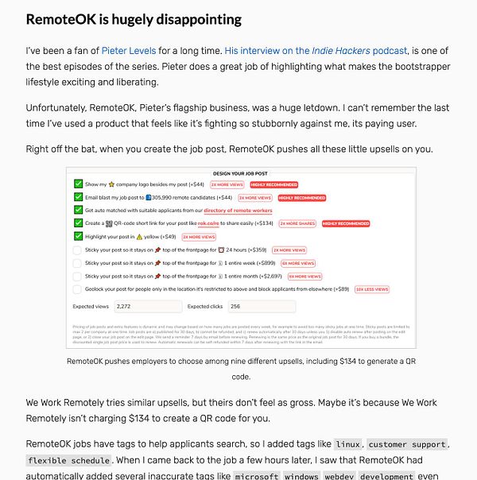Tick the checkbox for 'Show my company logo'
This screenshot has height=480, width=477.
[78, 184]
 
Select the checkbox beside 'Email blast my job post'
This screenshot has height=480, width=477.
[78, 197]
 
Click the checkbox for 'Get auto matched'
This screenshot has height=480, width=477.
[78, 210]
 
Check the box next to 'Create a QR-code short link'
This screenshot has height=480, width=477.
[78, 223]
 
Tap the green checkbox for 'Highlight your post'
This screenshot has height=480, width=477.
[78, 236]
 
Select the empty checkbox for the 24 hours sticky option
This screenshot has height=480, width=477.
[78, 250]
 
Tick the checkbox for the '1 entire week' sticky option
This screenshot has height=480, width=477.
[78, 262]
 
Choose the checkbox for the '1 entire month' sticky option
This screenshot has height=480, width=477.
[78, 276]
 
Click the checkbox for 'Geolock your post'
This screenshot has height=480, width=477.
[78, 289]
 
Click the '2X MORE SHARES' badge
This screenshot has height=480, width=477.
[298, 223]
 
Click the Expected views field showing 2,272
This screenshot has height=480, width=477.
[148, 306]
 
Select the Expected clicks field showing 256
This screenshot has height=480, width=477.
[261, 306]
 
